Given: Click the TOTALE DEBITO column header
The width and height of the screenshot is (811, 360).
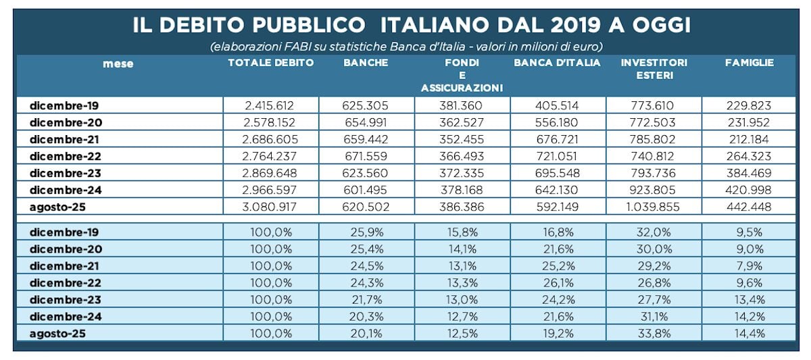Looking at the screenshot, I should pyautogui.click(x=271, y=63).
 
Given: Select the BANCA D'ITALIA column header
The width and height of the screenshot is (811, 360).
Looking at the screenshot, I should pyautogui.click(x=557, y=63).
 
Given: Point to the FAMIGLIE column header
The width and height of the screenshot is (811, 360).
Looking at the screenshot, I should pyautogui.click(x=749, y=63).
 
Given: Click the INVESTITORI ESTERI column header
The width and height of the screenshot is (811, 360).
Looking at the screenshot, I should pyautogui.click(x=654, y=69).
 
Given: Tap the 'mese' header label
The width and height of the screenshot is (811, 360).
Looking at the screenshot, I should pyautogui.click(x=118, y=63).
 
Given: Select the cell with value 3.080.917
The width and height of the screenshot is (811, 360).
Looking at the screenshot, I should pyautogui.click(x=271, y=206).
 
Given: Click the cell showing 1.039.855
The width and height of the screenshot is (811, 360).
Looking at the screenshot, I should pyautogui.click(x=654, y=206).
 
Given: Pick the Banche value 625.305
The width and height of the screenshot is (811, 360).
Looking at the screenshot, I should pyautogui.click(x=366, y=105).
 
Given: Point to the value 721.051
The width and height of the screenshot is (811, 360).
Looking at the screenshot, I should pyautogui.click(x=557, y=156).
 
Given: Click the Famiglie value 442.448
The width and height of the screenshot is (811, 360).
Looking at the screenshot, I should pyautogui.click(x=749, y=206).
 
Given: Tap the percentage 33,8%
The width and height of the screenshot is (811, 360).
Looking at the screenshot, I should pyautogui.click(x=654, y=333).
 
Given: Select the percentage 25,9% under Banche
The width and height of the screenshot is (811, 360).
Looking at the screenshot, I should pyautogui.click(x=366, y=232).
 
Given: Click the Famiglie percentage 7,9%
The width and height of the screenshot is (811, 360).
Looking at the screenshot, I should pyautogui.click(x=749, y=265).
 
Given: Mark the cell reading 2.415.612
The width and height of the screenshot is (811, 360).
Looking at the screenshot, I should pyautogui.click(x=271, y=105).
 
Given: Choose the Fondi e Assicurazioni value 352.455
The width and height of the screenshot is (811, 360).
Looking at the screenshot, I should pyautogui.click(x=462, y=139).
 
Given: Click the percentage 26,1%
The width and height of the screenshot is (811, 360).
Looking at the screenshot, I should pyautogui.click(x=557, y=282).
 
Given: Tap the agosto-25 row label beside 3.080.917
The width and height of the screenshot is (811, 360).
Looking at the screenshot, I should pyautogui.click(x=57, y=206).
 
